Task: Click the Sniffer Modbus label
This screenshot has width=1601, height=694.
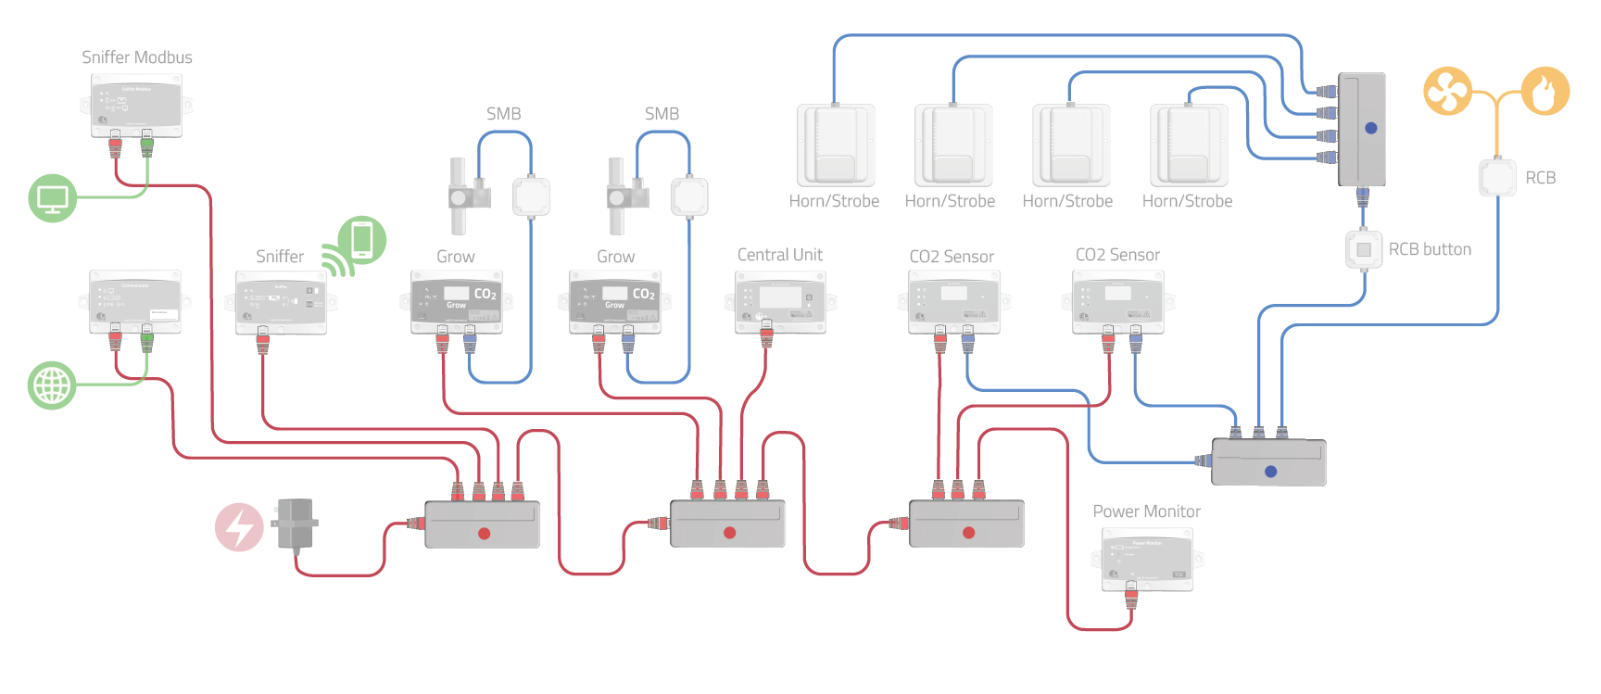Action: pos(137,57)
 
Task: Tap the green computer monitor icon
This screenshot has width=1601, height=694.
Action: pos(52,198)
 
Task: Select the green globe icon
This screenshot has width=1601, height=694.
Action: pos(52,385)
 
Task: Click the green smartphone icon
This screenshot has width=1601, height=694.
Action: pos(361,240)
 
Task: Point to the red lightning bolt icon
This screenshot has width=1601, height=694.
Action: pos(239,527)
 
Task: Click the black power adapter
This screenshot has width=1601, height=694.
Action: pos(296,524)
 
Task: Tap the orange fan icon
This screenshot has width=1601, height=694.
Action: pos(1447,91)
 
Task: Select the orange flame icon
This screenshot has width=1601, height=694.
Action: pos(1545,91)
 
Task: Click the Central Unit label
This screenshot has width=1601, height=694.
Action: pos(780,255)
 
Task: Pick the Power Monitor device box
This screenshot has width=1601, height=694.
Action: pos(1147,559)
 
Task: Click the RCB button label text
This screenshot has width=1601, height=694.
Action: pos(1430,249)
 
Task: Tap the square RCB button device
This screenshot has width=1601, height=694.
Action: pos(1363,249)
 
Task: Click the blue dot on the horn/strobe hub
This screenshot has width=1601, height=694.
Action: pos(1371,128)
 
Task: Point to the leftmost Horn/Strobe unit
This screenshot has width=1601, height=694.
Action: pos(836,145)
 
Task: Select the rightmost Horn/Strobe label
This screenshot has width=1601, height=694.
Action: pos(1187,201)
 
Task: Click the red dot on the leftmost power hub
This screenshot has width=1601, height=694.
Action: pos(484,534)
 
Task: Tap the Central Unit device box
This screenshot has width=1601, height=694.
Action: pos(779,300)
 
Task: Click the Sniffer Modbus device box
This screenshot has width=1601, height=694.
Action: pos(136,105)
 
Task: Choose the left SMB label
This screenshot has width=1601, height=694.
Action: pos(503,114)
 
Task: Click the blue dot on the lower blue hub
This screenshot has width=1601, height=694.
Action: pos(1270,472)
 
